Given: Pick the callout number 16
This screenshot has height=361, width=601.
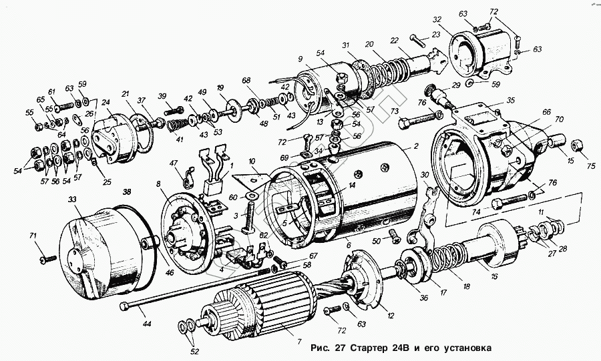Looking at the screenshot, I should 493,276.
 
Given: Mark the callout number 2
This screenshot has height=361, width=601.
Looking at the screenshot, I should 415,145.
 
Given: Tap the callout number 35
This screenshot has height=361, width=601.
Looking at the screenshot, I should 511,101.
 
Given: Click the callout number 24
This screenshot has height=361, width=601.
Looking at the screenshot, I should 105,103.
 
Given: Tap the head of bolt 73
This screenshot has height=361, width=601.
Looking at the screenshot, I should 405,123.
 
